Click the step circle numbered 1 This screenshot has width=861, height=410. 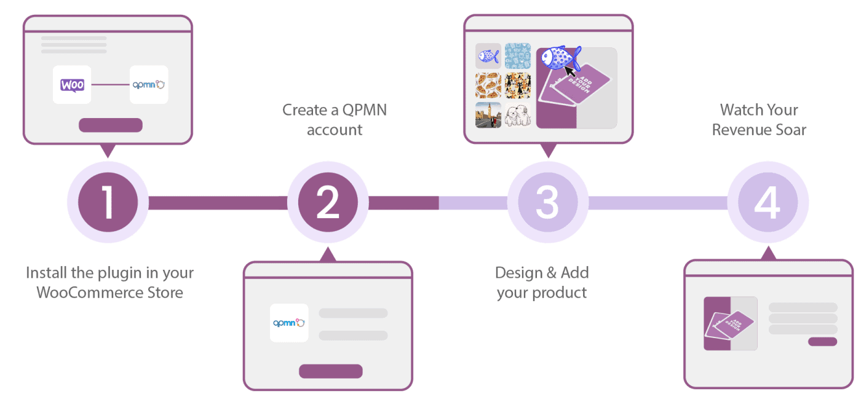[108, 202]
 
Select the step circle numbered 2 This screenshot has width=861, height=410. [328, 202]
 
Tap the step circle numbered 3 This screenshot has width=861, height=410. [547, 202]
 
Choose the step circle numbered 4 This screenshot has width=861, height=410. [768, 202]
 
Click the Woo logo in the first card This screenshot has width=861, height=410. [72, 85]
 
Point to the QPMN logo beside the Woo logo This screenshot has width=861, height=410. [149, 85]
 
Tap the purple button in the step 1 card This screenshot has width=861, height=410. [111, 125]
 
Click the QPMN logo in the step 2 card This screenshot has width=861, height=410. [289, 323]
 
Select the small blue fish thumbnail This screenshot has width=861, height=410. [488, 56]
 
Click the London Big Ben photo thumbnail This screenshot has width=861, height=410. [488, 115]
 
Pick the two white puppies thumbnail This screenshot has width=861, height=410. [518, 115]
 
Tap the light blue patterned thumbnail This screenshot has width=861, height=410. [518, 56]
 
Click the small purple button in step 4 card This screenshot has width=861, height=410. [822, 342]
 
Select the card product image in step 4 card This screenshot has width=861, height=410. [730, 324]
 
